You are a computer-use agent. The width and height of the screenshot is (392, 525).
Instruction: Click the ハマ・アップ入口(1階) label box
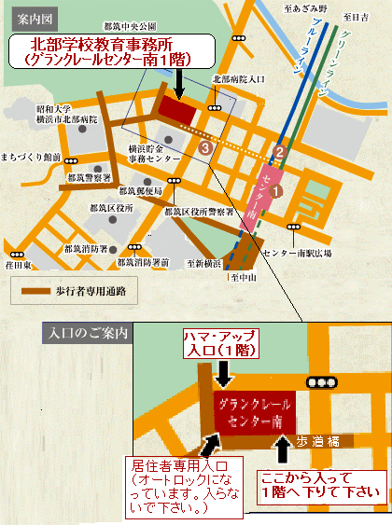[x=227, y=343]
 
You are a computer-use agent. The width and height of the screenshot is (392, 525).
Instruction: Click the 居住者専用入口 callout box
[x=185, y=485]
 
